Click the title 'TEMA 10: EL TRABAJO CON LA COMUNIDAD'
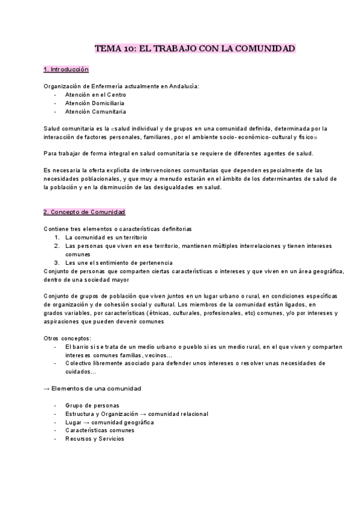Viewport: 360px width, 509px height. coord(196,48)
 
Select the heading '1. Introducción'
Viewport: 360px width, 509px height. coord(66,70)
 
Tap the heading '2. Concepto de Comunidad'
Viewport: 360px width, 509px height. coord(84,212)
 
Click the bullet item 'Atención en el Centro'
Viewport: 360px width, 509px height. coord(96,95)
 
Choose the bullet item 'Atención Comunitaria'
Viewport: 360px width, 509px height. coord(96,112)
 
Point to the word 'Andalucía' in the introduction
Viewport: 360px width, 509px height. coord(182,86)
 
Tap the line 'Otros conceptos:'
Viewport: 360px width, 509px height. coord(68,338)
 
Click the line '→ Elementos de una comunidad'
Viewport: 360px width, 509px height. coord(92,388)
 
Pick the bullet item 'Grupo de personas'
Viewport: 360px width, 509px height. coord(92,405)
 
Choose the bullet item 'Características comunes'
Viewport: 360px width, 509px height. coord(100,430)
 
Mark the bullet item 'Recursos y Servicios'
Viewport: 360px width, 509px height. coord(95,439)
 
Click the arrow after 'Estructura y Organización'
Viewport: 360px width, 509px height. coord(143,414)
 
